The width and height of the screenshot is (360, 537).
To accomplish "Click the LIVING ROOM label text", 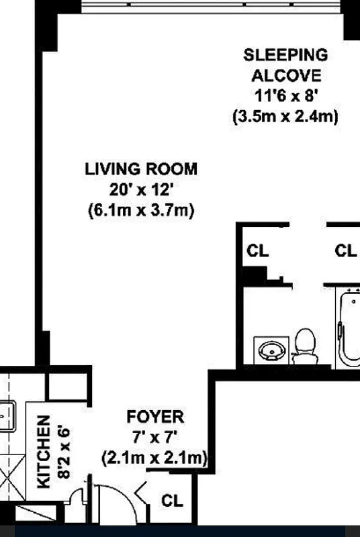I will coord(141,168).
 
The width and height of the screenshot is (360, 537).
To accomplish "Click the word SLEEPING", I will coord(285,54).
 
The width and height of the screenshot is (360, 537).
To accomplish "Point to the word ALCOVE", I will coord(285,75).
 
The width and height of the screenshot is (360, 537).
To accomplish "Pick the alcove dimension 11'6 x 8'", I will coord(285,95).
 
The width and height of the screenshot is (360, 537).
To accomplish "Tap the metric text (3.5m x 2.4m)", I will coord(285,116).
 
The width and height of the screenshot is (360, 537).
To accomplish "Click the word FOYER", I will coord(155,418).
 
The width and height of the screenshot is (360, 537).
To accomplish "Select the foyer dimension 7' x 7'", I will coord(155,438).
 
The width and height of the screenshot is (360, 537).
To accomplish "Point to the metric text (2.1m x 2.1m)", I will coord(155,458).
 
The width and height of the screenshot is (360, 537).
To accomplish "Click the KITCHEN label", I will coord(43,451).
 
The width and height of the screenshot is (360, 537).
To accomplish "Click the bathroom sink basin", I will coord(271,350).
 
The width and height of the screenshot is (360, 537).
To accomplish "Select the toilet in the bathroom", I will coord(306,344).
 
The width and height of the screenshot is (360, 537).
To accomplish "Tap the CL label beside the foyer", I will coord(173,501).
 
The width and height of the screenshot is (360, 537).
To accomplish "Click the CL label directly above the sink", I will coord(258,252).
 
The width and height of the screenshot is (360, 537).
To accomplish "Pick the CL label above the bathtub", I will coord(345,252).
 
